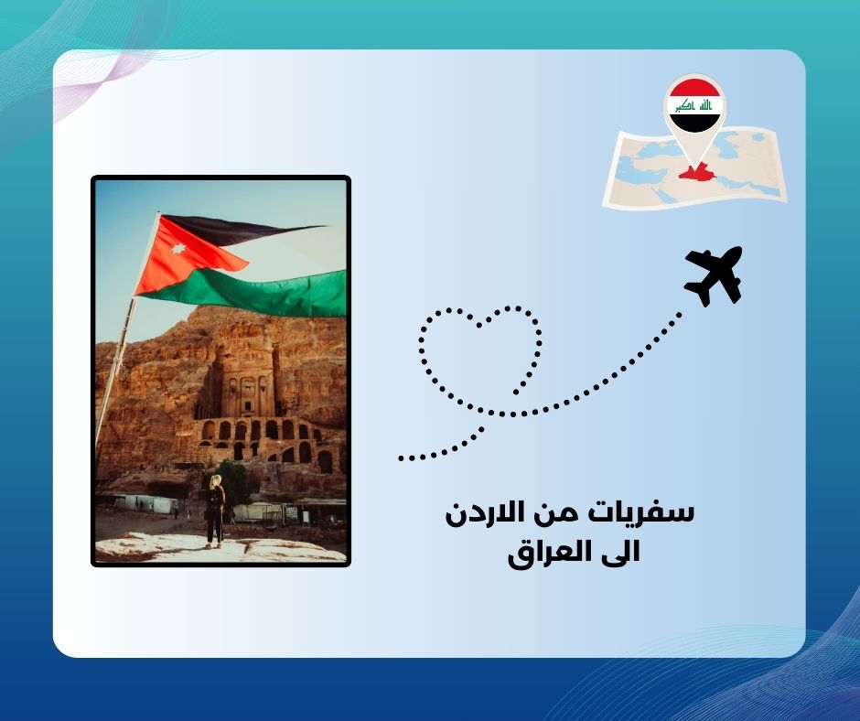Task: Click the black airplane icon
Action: [x=715, y=275]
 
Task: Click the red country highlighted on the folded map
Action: [x=696, y=171]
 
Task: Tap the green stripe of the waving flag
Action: [x=265, y=291]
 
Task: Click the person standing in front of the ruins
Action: [x=215, y=511]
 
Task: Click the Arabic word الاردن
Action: [x=488, y=513]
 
